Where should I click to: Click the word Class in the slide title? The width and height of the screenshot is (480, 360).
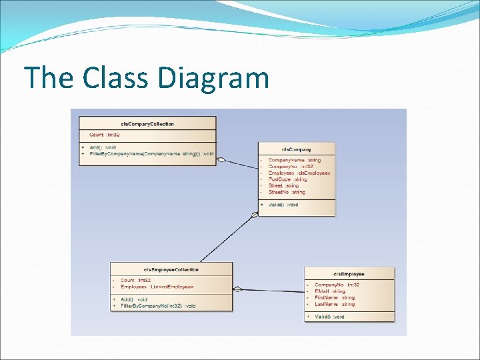click(117, 78)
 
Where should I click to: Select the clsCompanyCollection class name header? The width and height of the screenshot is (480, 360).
click(147, 123)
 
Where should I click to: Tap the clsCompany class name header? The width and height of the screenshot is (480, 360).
click(297, 149)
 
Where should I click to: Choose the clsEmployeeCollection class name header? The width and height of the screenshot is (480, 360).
click(171, 269)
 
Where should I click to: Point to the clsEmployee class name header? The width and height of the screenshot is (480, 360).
click(349, 274)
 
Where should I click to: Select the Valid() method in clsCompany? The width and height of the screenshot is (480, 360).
click(283, 205)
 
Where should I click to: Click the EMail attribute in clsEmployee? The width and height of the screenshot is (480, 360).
click(329, 291)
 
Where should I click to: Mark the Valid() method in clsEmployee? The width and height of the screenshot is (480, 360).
click(329, 317)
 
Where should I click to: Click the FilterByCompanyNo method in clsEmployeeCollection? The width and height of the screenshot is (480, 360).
click(158, 305)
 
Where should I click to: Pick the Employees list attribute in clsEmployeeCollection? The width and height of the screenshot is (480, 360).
click(157, 287)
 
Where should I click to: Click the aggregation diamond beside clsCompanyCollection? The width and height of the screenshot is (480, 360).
click(222, 159)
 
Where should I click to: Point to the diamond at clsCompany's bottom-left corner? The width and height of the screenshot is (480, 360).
click(254, 215)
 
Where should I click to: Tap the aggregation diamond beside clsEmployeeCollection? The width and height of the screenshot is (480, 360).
click(238, 289)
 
